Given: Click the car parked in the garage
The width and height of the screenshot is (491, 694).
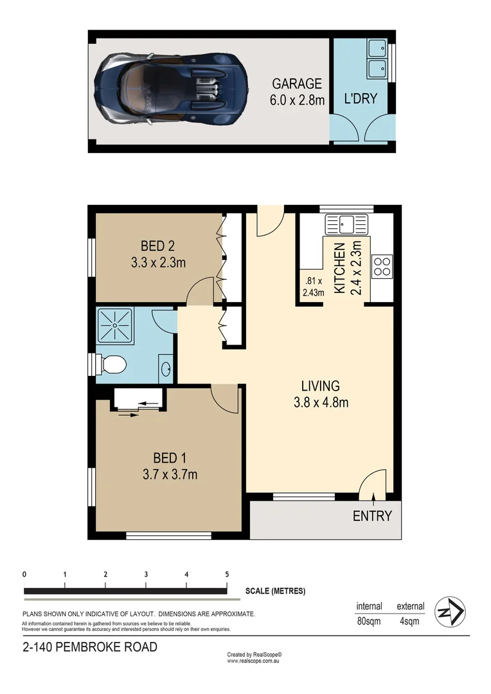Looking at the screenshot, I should click(170, 88).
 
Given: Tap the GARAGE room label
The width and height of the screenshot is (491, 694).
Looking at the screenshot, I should click(296, 84).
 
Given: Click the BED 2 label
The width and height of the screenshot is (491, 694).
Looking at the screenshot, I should click(157, 245).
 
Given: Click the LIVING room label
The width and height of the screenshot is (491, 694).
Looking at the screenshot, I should click(320, 386).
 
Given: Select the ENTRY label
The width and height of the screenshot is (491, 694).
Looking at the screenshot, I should click(372, 516).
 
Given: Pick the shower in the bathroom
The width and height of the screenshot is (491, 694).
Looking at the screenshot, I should click(114, 326).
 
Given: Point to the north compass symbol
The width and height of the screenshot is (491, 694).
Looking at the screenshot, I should click(451, 612).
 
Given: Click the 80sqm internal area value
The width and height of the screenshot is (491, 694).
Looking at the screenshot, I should click(369, 621).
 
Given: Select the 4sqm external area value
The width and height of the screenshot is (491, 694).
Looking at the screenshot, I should click(409, 621).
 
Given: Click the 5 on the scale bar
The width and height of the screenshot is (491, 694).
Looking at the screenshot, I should click(227, 574).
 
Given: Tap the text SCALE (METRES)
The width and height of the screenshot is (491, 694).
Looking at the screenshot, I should click(275, 591).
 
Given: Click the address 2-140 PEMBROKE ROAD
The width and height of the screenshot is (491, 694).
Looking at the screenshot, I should click(89, 647).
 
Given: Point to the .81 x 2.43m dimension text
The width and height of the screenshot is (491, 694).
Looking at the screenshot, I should click(313, 285).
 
